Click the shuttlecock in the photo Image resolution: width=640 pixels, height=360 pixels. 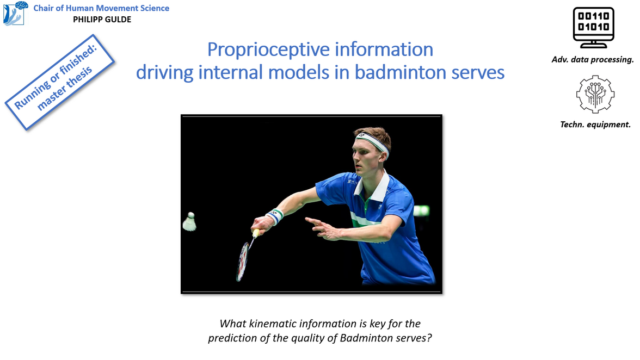pos(189,222)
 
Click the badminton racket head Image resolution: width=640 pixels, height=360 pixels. pos(243,262)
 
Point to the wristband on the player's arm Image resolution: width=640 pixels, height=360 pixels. pos(275,216)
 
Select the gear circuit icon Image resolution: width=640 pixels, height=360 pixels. pos(595,94)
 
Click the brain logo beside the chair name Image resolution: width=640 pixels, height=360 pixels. pos(15,14)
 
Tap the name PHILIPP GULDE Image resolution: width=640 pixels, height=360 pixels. pos(102,20)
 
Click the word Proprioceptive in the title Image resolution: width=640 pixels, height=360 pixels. pos(268,50)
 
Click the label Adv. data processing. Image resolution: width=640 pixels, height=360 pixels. pos(593,59)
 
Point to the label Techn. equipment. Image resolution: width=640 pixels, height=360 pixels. pos(595,125)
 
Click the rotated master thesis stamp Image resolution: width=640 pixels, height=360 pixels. pos(59,82)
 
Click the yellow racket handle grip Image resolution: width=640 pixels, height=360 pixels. pos(256,234)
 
